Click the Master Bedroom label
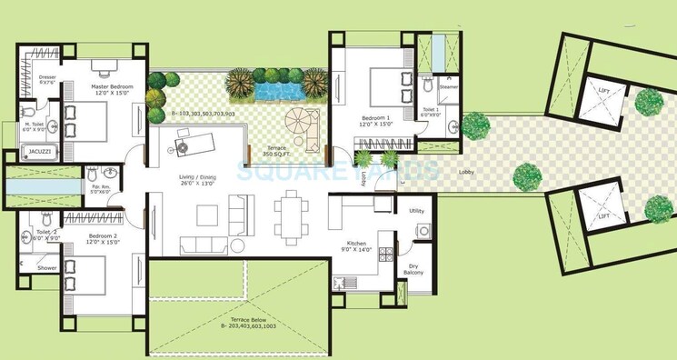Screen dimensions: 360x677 pyautogui.click(x=112, y=87)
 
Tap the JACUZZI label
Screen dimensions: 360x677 pyautogui.click(x=38, y=151)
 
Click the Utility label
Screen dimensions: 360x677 pyautogui.click(x=418, y=211)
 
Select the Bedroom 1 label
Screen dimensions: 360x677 pyautogui.click(x=375, y=119)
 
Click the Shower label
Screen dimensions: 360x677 pyautogui.click(x=46, y=268)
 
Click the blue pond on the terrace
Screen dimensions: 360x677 pyautogui.click(x=276, y=90)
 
